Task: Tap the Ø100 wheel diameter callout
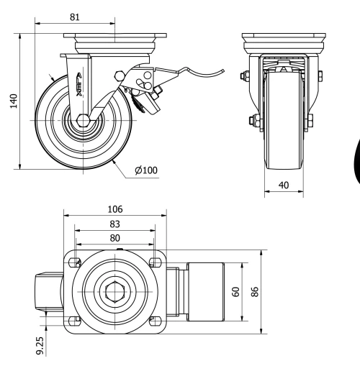click(x=145, y=170)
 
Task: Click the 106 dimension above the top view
click(x=114, y=209)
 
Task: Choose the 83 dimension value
click(x=114, y=224)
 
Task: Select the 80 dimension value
click(x=114, y=237)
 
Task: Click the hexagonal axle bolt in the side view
click(x=84, y=120)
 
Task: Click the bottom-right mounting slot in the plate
click(x=153, y=323)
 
